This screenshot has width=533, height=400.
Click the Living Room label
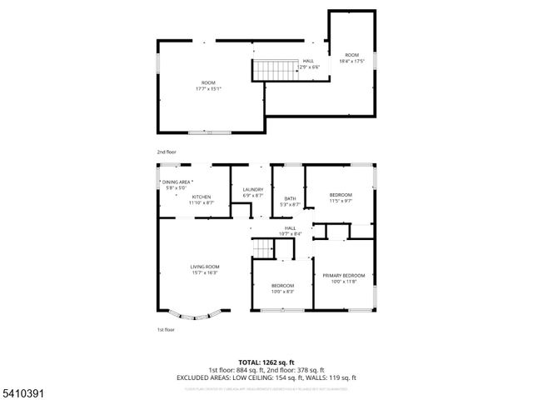coord(204,267)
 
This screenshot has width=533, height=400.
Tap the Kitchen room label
coord(202,196)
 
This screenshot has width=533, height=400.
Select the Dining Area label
coord(177,182)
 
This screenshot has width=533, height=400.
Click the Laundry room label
coord(253,190)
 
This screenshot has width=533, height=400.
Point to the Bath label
coord(290,198)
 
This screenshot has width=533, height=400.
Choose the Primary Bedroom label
coord(344,275)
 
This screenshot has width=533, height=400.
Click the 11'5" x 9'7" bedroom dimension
coord(340,200)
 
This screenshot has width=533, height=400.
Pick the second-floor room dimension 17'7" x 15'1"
coord(207,87)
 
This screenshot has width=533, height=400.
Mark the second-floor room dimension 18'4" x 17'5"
coord(351,61)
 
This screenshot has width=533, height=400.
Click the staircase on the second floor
coord(275,70)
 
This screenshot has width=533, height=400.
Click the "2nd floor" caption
coord(167,152)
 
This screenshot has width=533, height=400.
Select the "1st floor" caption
coord(166,330)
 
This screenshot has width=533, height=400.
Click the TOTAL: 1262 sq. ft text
coord(266,362)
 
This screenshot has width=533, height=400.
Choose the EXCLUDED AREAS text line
coord(266,377)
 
